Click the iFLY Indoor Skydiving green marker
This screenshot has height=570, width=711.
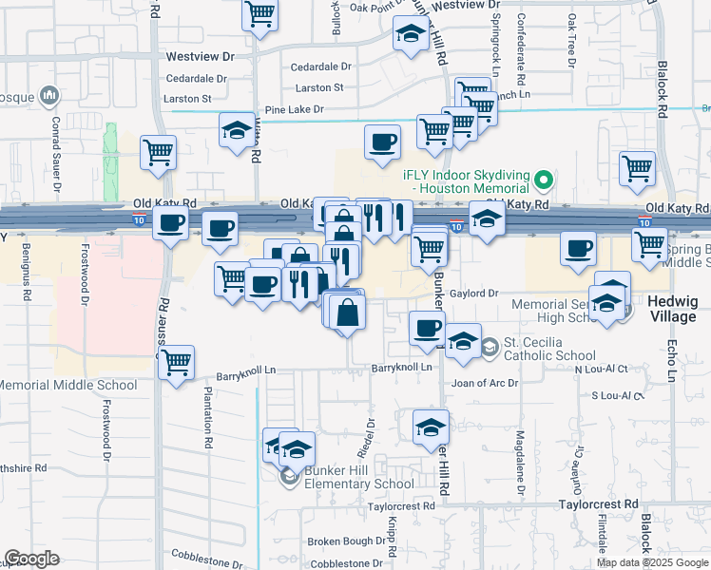click(x=543, y=178)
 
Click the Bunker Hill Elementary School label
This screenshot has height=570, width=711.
click(x=359, y=483)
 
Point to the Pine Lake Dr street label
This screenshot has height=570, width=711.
click(x=294, y=110)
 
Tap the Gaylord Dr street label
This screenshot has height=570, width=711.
click(x=474, y=294)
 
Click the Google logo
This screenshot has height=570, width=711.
click(x=32, y=559)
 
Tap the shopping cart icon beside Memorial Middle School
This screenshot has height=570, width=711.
click(x=176, y=362)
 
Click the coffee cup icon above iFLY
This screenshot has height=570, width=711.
click(x=383, y=142)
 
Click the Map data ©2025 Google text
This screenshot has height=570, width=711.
click(x=652, y=562)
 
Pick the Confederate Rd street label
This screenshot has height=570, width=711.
click(x=521, y=38)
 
